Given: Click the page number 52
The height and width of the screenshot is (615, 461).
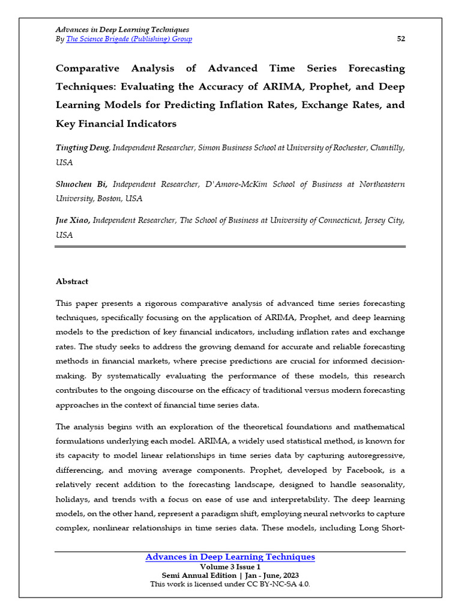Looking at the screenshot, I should [x=401, y=39].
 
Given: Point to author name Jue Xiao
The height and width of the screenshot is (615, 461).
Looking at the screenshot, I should [x=73, y=220].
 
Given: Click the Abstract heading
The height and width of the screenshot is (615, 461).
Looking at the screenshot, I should [x=72, y=281].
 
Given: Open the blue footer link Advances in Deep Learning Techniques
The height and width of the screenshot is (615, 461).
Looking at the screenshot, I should [x=230, y=557].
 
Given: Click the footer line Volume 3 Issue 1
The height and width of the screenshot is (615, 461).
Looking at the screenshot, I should [x=230, y=566].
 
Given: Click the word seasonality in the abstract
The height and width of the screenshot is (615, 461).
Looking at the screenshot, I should [x=380, y=485].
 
